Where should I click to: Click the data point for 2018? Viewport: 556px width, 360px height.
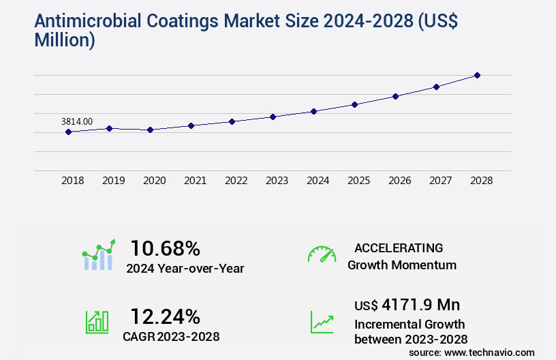pyautogui.click(x=69, y=132)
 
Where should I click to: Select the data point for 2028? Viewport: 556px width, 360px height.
pyautogui.click(x=477, y=75)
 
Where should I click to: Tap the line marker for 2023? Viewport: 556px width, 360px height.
pyautogui.click(x=273, y=117)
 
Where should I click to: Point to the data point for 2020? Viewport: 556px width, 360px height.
pyautogui.click(x=150, y=130)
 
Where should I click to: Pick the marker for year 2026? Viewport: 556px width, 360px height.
pyautogui.click(x=395, y=96)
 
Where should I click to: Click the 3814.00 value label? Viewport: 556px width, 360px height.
pyautogui.click(x=77, y=121)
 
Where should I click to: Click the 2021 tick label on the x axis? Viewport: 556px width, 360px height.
pyautogui.click(x=195, y=181)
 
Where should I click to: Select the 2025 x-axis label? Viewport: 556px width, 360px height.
pyautogui.click(x=358, y=181)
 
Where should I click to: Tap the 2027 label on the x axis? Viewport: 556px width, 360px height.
pyautogui.click(x=440, y=181)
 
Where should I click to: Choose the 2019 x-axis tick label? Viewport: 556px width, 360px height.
pyautogui.click(x=113, y=181)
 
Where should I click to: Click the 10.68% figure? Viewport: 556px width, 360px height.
pyautogui.click(x=166, y=247)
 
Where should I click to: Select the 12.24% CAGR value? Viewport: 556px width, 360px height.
pyautogui.click(x=166, y=316)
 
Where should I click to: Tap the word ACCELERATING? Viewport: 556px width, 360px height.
pyautogui.click(x=399, y=247)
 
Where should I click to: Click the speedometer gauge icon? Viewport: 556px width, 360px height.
pyautogui.click(x=322, y=254)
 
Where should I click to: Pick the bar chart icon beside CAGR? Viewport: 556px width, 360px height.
pyautogui.click(x=97, y=322)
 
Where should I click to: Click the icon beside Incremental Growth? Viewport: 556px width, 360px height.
pyautogui.click(x=322, y=322)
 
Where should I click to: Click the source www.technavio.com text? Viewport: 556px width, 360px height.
pyautogui.click(x=472, y=352)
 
